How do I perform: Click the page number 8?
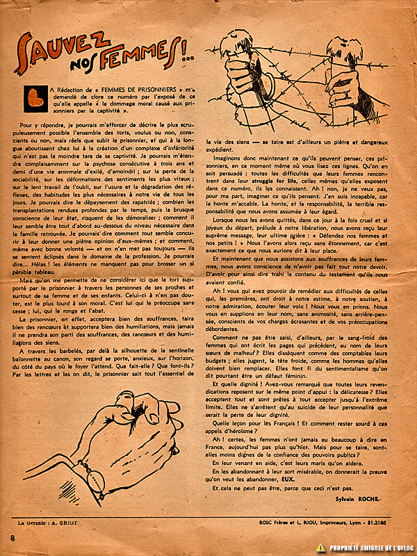point(13,540)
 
